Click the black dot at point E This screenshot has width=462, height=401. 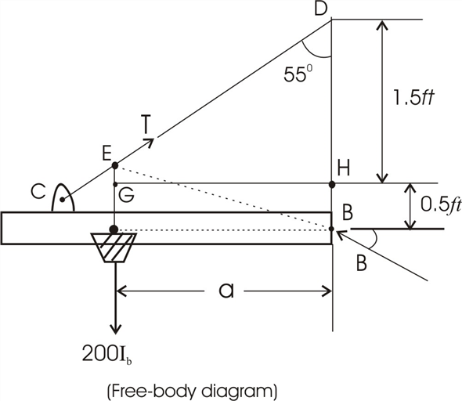coord(115,165)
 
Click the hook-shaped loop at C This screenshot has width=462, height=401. coord(64,200)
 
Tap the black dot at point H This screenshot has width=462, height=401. coord(332,184)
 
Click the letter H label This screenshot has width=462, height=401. coord(343,166)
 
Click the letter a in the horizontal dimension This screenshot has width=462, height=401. coord(226,291)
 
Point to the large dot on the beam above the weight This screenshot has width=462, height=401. coord(114,229)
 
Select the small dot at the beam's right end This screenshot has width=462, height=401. coord(332,229)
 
